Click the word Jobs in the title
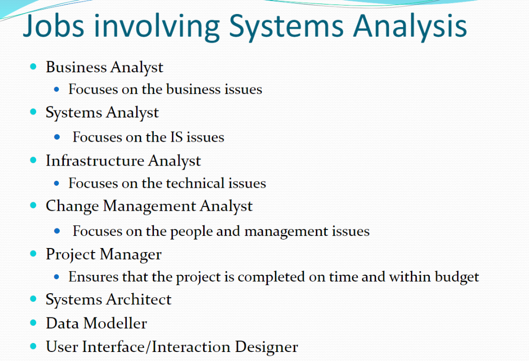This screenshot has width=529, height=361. point(54,27)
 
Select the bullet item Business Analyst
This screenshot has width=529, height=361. point(105,67)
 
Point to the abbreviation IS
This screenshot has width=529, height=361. point(177,137)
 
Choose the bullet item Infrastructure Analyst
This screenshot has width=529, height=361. point(123,161)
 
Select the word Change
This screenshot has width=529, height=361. point(72,206)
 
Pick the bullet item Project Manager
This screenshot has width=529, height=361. point(104,255)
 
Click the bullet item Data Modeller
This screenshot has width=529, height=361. point(97,323)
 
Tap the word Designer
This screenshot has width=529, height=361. point(267,347)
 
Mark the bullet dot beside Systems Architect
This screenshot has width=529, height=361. point(33,299)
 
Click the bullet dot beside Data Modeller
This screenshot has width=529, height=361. point(33,323)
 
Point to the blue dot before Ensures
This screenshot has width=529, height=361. point(56,277)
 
